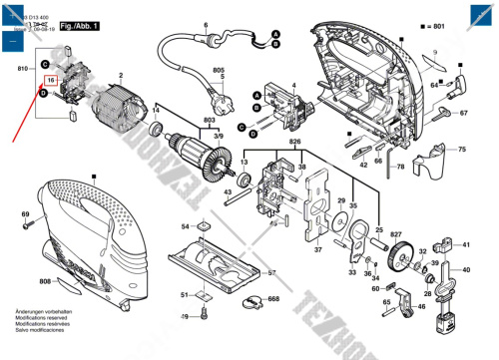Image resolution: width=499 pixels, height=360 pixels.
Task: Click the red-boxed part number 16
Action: [50, 79]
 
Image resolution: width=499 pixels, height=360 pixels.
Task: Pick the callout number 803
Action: [210, 119]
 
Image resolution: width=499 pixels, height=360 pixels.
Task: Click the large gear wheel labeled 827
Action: [402, 255]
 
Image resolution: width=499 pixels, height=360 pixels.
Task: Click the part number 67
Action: [464, 114]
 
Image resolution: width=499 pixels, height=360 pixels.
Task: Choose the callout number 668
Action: [272, 299]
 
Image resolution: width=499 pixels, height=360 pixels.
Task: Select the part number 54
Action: [186, 227]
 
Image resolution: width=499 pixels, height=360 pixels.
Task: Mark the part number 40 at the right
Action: [465, 269]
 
